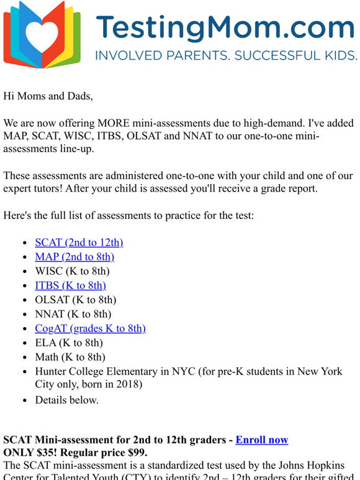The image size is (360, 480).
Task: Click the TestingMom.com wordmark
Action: click(x=225, y=27)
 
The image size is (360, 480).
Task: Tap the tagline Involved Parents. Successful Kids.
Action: click(x=225, y=56)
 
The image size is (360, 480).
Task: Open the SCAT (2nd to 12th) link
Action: click(x=79, y=242)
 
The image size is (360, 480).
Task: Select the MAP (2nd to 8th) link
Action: click(x=74, y=257)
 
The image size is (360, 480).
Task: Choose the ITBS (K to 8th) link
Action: click(x=70, y=285)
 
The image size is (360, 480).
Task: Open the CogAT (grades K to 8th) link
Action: click(x=90, y=328)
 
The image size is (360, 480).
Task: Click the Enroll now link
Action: click(x=261, y=440)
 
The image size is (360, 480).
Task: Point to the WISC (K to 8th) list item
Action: click(x=72, y=271)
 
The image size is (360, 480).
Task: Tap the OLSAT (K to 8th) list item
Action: click(x=76, y=300)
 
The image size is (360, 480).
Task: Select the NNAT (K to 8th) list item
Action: click(x=73, y=314)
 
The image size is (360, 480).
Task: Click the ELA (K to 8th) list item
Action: click(x=69, y=342)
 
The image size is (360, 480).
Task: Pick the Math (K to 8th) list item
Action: click(x=70, y=357)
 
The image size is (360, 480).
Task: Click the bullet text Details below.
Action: click(x=66, y=400)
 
